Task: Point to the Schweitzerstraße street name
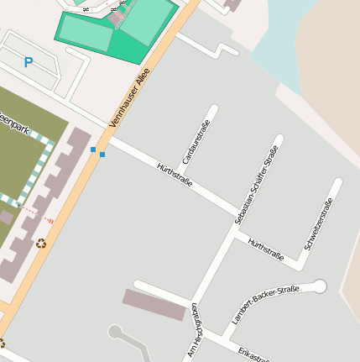(320, 223)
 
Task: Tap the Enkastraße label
(253, 354)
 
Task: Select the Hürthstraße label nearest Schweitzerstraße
(265, 249)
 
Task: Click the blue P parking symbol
(29, 61)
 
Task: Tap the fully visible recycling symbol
(41, 244)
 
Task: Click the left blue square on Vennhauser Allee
(93, 150)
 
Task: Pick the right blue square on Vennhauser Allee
(102, 155)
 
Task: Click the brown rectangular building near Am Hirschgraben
(154, 305)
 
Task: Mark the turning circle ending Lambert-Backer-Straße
(319, 287)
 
